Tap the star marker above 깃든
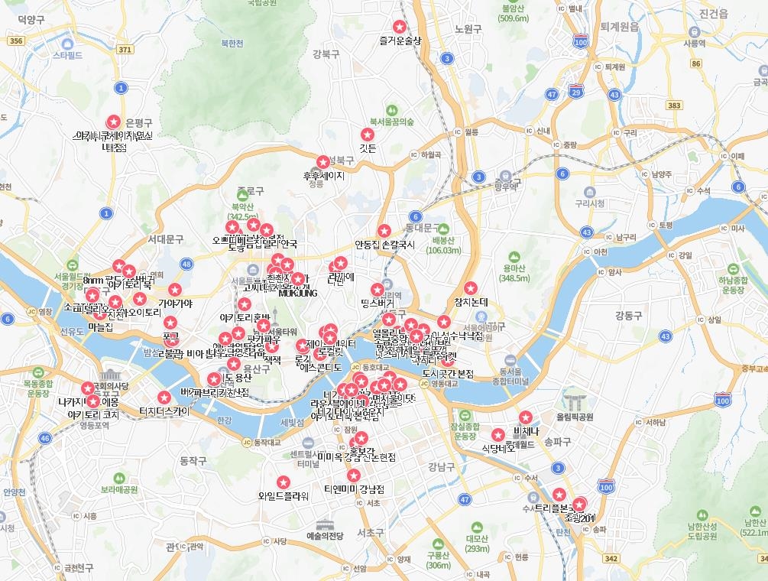tap(368, 135)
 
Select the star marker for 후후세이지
tap(323, 162)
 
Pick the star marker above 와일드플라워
tap(283, 482)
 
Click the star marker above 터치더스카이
tap(164, 397)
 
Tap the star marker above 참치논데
tap(471, 288)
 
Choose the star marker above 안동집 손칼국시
tap(384, 231)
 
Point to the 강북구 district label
tap(326, 54)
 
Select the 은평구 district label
tap(138, 122)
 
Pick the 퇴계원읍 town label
tap(619, 25)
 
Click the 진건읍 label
tap(714, 15)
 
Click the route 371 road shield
tap(125, 49)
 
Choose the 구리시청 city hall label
tap(590, 203)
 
